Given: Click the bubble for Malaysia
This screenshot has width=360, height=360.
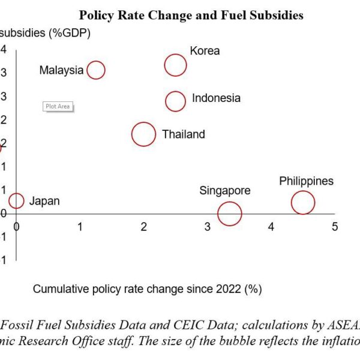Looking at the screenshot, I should click(x=95, y=70).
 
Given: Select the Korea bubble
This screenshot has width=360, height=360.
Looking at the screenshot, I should click(x=175, y=65).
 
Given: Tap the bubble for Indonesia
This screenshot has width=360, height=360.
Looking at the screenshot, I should click(x=175, y=101).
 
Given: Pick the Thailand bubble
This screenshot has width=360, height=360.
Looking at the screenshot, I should click(x=143, y=134).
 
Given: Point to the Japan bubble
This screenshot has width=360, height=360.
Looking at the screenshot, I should click(x=16, y=201).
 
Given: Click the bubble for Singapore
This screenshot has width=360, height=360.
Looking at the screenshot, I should click(x=229, y=213).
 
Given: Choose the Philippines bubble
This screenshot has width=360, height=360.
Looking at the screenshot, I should click(x=303, y=202).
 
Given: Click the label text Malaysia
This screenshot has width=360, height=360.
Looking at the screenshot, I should click(x=61, y=70).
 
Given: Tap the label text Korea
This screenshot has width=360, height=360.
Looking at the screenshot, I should click(x=205, y=51).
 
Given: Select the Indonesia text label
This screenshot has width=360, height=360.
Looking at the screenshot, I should click(x=216, y=98).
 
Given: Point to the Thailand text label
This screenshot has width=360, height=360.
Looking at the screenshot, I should click(x=183, y=134).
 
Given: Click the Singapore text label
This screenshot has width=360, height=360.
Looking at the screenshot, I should click(x=225, y=191).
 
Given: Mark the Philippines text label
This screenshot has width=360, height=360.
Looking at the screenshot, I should click(x=306, y=181).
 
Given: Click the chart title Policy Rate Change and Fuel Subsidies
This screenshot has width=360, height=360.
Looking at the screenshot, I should click(x=191, y=15).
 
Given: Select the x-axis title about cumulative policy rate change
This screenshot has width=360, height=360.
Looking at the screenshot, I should click(x=148, y=289).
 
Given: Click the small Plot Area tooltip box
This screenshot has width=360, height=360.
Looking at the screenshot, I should click(x=58, y=106).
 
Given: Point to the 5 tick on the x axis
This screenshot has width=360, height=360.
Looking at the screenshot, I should click(x=335, y=226).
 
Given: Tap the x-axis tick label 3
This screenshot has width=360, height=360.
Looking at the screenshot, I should click(x=208, y=226).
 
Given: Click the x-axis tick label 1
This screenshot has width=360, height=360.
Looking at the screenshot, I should click(x=80, y=226).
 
